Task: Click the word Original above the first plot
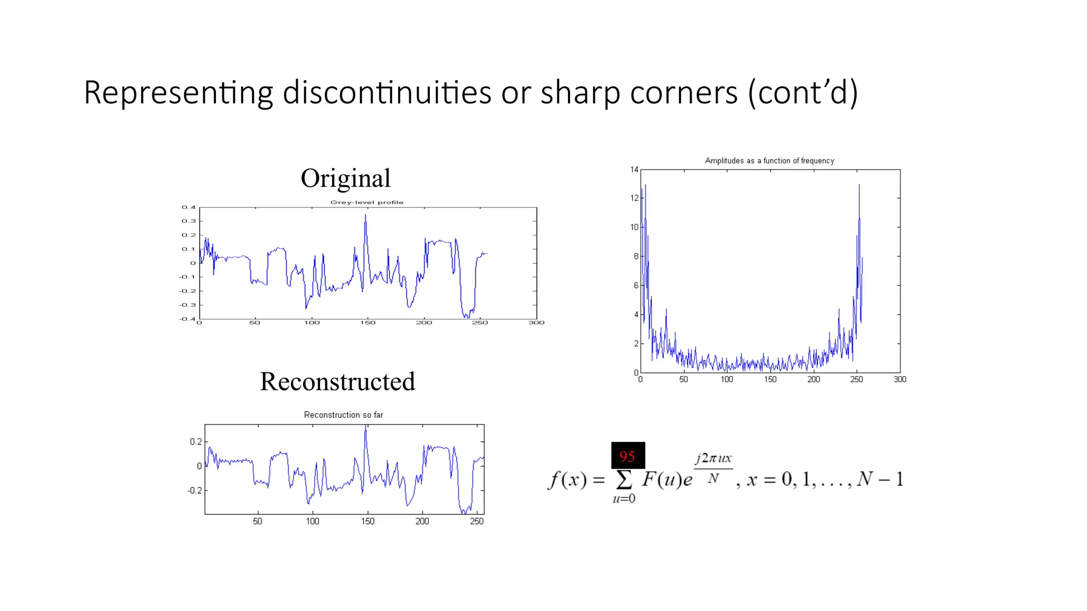[346, 178]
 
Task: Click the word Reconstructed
[338, 381]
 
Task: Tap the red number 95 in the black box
[627, 456]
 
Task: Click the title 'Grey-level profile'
[367, 202]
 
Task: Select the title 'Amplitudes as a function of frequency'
[769, 161]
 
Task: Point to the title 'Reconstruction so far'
[343, 415]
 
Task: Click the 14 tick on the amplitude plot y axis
[634, 170]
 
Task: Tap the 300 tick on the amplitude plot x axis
[900, 379]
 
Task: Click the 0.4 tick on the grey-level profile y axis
[188, 207]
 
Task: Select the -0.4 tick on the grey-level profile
[187, 319]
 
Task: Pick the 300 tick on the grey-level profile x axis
[536, 322]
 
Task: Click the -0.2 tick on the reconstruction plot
[195, 491]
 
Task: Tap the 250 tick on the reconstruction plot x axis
[477, 521]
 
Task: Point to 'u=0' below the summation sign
[624, 499]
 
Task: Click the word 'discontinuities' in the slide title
[387, 93]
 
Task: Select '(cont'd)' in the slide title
[803, 93]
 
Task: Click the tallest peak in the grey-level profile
[365, 215]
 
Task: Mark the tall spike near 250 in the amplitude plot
[859, 186]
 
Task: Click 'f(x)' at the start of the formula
[567, 479]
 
